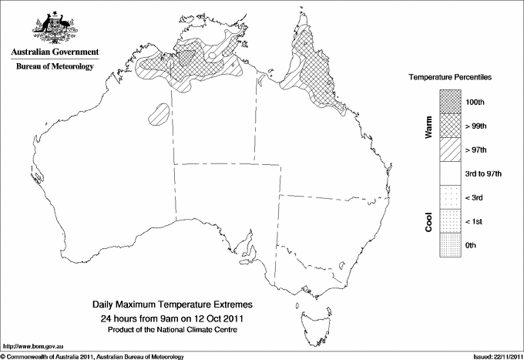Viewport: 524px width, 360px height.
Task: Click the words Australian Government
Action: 55,52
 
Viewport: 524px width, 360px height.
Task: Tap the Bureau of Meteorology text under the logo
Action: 55,67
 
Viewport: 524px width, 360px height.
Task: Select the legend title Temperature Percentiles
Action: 450,79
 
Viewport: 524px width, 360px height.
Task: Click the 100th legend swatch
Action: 451,101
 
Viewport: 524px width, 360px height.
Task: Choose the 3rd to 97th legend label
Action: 484,173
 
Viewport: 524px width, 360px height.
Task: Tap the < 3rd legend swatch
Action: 451,197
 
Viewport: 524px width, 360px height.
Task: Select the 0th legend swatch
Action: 451,245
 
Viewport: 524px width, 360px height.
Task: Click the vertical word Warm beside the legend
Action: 429,126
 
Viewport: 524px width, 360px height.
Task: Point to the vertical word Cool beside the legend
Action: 429,221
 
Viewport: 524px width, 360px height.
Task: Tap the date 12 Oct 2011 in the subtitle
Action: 220,318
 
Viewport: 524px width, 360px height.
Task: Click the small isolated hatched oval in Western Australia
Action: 160,114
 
